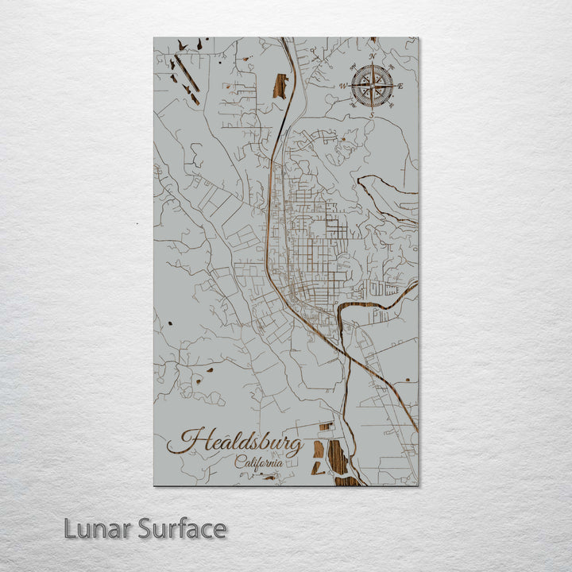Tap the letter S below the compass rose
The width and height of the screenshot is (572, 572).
[371, 115]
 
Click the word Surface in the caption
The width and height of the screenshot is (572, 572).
[182, 528]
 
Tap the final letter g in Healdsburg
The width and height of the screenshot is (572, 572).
[295, 447]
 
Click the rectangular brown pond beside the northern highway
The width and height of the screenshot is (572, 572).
[280, 86]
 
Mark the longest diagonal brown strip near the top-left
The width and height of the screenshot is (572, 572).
[187, 74]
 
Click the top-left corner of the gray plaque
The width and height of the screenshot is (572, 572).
[154, 38]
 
